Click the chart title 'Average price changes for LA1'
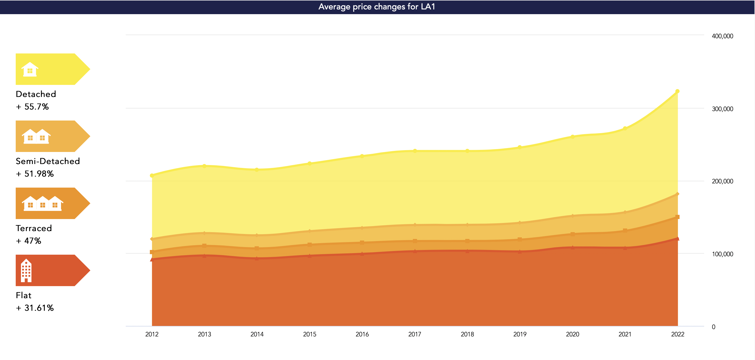coord(377,7)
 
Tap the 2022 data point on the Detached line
coord(677,91)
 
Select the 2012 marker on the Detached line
coord(152,175)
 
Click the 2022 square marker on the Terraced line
coord(677,217)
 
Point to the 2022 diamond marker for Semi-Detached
coord(677,194)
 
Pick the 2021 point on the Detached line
coord(625,128)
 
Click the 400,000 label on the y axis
coord(722,36)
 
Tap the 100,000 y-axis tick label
coord(722,254)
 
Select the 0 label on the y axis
coord(713,327)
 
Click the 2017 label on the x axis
coord(414,334)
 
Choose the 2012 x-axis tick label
coord(152,334)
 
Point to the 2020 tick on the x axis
coord(572,334)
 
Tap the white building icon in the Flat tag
coord(26,270)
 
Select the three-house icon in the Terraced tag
coord(42,203)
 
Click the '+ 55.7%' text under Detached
coord(32,107)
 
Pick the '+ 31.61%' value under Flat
coord(35,308)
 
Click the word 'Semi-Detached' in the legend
coord(48,161)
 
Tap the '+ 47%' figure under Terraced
coord(29,241)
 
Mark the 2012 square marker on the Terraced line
coord(152,252)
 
